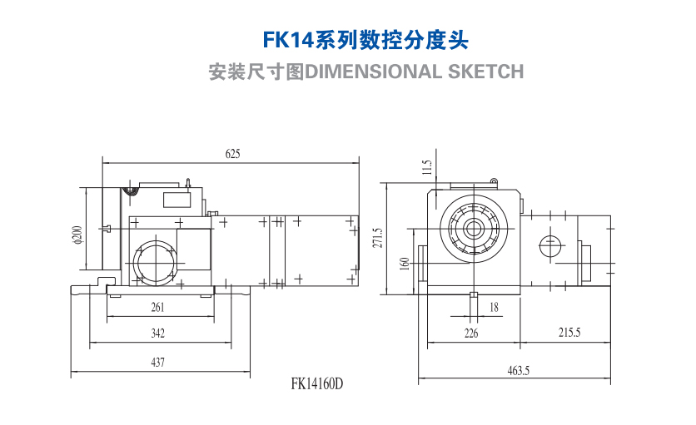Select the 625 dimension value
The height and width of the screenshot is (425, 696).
click(x=232, y=153)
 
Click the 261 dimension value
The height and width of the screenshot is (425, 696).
click(x=159, y=307)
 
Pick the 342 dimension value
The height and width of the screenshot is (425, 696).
click(x=158, y=334)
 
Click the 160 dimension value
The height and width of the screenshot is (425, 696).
click(x=405, y=264)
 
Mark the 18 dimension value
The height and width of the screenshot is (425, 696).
click(x=494, y=307)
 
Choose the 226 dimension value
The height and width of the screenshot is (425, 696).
click(x=471, y=334)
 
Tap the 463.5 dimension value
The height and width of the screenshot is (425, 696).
click(x=518, y=371)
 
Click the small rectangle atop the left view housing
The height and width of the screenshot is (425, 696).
click(x=175, y=199)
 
